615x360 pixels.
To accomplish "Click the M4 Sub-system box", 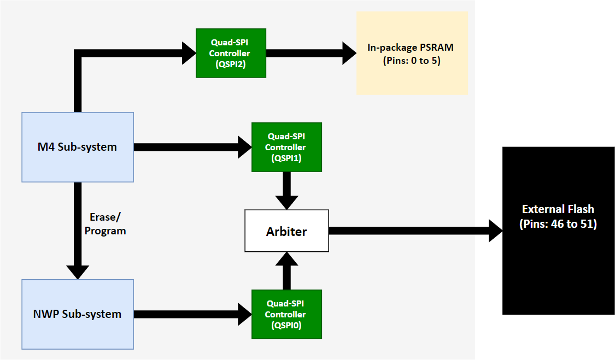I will [78, 147].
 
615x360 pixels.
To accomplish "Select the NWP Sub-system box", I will [78, 314].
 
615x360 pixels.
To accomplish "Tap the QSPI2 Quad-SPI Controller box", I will [231, 53].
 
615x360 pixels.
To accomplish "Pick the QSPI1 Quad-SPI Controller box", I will [286, 147].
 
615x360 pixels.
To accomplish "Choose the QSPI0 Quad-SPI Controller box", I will [286, 314].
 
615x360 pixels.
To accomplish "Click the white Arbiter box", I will [286, 231].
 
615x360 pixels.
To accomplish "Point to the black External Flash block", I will [558, 231].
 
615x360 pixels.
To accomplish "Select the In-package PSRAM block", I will [412, 54].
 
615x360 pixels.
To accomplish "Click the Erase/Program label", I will [105, 225].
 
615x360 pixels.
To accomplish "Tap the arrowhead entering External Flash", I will [495, 231].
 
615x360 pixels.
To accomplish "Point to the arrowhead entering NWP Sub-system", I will [78, 272].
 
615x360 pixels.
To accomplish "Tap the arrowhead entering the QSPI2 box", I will [188, 53].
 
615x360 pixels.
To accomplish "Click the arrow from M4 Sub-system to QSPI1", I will [186, 147].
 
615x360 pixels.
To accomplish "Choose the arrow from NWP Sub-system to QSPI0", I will [186, 314].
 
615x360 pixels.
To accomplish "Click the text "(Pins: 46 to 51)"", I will [558, 224].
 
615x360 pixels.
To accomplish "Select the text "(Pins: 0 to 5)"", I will [412, 60].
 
